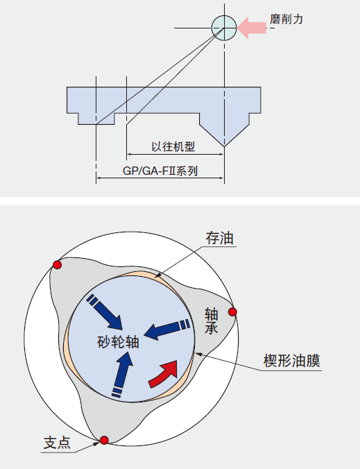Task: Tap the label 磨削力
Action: pos(286,19)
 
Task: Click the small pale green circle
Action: pos(224,28)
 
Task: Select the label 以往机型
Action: pos(173,146)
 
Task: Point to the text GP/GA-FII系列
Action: pos(160,171)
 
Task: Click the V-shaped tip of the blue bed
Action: pos(224,146)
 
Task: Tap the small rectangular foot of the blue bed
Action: pos(96,119)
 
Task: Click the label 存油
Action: pos(219,239)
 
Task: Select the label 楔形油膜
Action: pos(291,361)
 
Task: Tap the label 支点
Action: pos(57,443)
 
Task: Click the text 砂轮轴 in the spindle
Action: pos(119,341)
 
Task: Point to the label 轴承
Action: pos(211,321)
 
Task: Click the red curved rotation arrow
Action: pos(164,373)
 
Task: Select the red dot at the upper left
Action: pos(57,265)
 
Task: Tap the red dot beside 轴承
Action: pos(232,312)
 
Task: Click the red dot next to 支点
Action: pos(104,440)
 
